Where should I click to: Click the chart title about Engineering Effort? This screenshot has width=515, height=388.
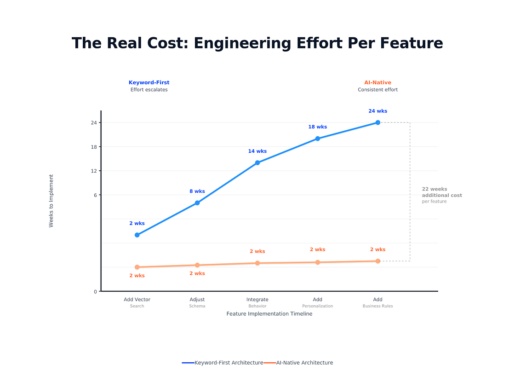[x=257, y=43]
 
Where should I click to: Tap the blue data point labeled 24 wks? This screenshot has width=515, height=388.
[x=378, y=122]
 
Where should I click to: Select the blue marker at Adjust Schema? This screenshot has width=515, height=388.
[x=197, y=203]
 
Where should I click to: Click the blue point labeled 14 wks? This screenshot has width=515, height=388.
[x=257, y=162]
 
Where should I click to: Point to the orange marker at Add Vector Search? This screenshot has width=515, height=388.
[x=137, y=267]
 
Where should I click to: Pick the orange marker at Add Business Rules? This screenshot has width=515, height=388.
[x=378, y=261]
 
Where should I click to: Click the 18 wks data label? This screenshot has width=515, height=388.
[x=317, y=127]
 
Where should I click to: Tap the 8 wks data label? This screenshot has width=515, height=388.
[x=197, y=191]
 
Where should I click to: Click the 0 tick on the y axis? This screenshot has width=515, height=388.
[x=95, y=291]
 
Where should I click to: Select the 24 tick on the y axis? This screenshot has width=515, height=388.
[x=94, y=123]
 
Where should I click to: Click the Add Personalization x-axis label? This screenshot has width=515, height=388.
[x=317, y=302]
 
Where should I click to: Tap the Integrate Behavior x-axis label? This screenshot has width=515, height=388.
[x=257, y=302]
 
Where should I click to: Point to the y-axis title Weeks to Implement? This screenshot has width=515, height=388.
[x=51, y=201]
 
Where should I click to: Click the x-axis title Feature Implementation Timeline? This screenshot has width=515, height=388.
[x=269, y=314]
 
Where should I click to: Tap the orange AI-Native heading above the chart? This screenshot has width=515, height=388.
[x=378, y=83]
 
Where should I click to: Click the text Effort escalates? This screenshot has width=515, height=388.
[x=149, y=90]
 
